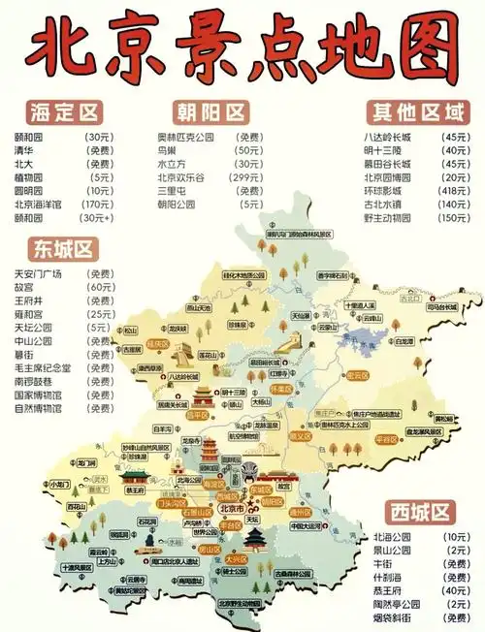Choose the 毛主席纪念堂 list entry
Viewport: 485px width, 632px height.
tap(42, 367)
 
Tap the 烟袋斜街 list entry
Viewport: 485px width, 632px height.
tap(390, 617)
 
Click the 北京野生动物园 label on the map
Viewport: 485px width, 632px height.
tap(239, 603)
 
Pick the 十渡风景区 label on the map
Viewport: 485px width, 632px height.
tap(77, 568)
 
